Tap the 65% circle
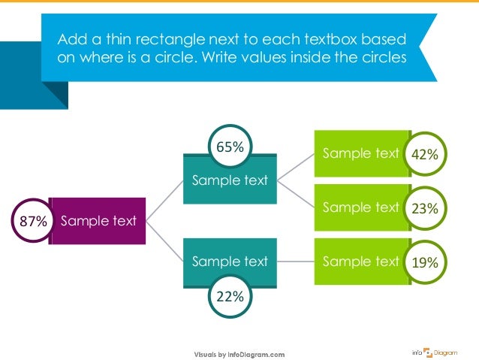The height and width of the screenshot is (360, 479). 230,147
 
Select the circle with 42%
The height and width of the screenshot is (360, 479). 425,155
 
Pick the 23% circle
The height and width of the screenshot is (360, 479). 425,209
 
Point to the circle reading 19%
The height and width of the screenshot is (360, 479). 425,262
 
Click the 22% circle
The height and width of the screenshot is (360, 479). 230,297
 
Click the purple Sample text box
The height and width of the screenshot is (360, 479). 98,221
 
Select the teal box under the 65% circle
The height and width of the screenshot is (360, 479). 230,180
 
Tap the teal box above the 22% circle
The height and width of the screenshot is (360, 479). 230,262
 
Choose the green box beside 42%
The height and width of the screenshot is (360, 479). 360,154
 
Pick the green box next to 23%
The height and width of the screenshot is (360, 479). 360,207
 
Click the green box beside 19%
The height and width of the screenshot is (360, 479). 360,262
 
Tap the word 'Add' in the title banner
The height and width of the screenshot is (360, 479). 72,39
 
